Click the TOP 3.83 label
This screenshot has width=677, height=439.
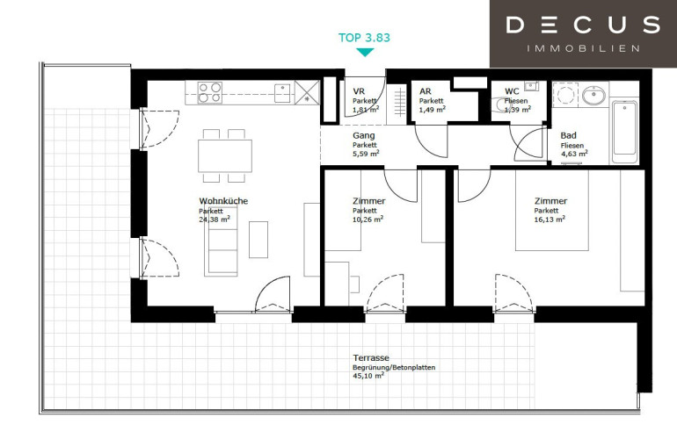[364, 38]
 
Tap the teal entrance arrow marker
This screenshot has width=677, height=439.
[365, 52]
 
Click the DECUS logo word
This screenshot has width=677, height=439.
[583, 25]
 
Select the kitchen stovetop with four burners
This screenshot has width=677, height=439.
[210, 93]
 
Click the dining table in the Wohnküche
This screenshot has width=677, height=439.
[225, 155]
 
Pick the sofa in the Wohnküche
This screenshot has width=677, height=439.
[221, 241]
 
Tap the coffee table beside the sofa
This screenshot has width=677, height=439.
[258, 240]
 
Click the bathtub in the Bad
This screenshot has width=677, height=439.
[624, 133]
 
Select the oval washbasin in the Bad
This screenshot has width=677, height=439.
[593, 96]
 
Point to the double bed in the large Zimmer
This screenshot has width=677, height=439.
[552, 211]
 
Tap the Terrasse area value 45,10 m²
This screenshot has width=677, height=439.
[368, 376]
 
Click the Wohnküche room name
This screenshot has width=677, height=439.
[223, 201]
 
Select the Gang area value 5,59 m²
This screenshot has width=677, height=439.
[366, 153]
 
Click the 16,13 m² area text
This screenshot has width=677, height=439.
[550, 219]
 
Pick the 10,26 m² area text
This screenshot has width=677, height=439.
[368, 219]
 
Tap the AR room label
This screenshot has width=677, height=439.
[426, 91]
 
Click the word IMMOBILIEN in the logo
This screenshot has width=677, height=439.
[583, 48]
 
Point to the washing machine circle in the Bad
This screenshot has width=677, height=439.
[564, 94]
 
